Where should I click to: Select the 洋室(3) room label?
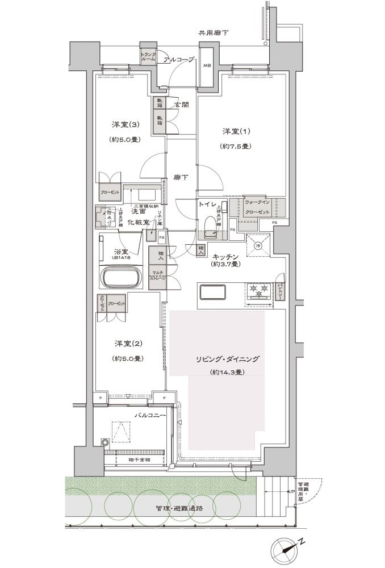tap(123, 124)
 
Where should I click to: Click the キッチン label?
tap(225, 256)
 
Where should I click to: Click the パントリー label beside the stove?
tap(280, 291)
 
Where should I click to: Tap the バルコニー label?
tap(149, 416)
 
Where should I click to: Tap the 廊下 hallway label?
tap(181, 177)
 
